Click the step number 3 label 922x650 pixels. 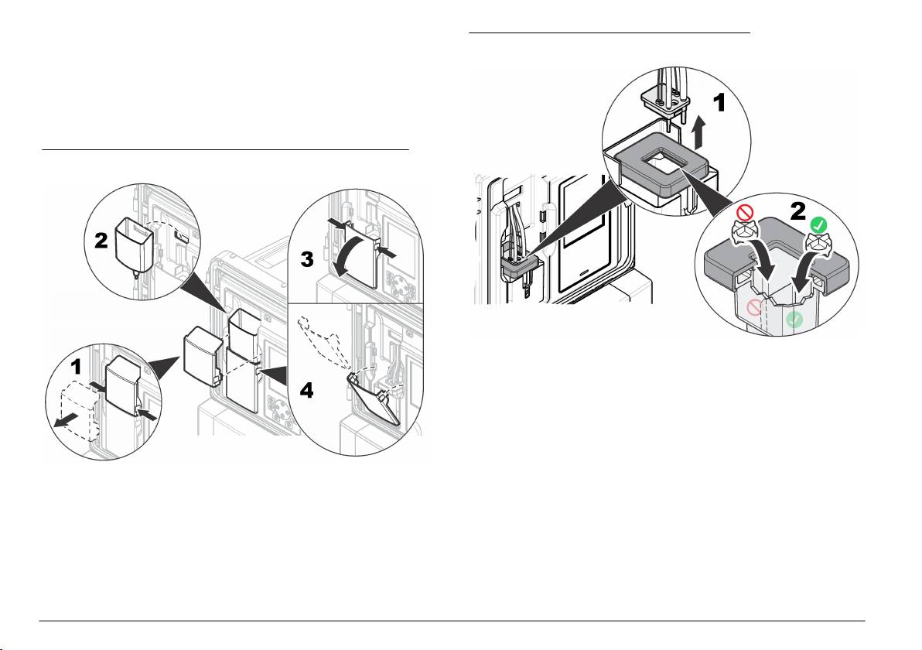click(x=307, y=259)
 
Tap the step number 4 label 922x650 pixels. click(x=307, y=390)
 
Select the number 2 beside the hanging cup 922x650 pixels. click(x=101, y=240)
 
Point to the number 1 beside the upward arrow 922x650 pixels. click(x=719, y=103)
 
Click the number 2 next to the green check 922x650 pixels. click(x=797, y=211)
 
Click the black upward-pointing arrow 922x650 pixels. click(x=698, y=132)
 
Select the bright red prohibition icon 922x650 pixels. click(x=745, y=213)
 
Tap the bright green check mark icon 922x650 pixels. click(x=818, y=224)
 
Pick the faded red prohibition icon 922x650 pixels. click(x=755, y=307)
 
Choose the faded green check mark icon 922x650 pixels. click(x=794, y=320)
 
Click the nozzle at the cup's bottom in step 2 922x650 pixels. click(x=136, y=273)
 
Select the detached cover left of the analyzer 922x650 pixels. click(x=203, y=357)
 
